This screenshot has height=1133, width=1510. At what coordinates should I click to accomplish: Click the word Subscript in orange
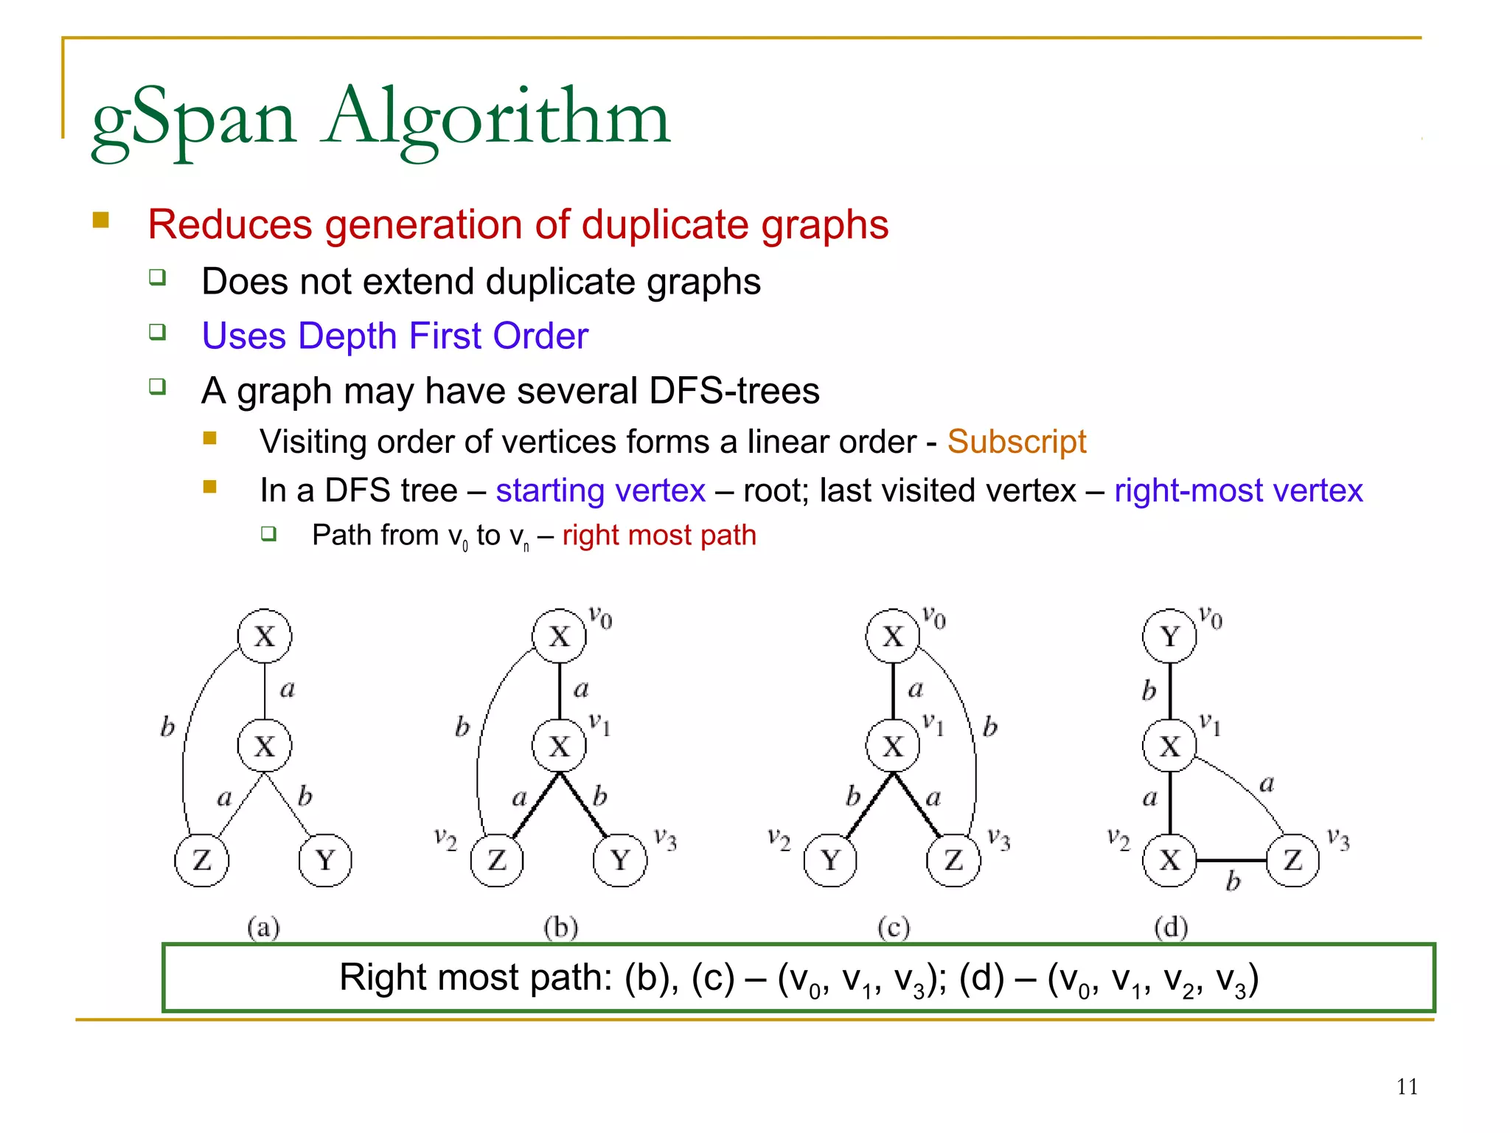pyautogui.click(x=1016, y=442)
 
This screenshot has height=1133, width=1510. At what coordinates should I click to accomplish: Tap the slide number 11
pyautogui.click(x=1407, y=1087)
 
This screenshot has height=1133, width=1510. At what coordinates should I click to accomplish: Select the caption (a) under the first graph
pyautogui.click(x=263, y=927)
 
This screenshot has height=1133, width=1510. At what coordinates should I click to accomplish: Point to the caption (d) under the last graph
pyautogui.click(x=1171, y=927)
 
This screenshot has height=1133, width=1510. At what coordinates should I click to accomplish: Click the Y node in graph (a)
pyautogui.click(x=325, y=860)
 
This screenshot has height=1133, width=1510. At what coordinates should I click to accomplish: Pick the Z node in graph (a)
pyautogui.click(x=202, y=860)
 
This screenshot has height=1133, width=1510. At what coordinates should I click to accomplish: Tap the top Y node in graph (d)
pyautogui.click(x=1169, y=637)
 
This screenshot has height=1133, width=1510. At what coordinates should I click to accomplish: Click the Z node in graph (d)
pyautogui.click(x=1292, y=860)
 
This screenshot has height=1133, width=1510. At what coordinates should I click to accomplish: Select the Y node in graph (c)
pyautogui.click(x=830, y=860)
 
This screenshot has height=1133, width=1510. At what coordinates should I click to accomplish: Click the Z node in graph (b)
pyautogui.click(x=497, y=860)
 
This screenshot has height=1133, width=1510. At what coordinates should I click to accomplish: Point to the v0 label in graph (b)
pyautogui.click(x=600, y=617)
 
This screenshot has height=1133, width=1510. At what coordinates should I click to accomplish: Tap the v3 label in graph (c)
pyautogui.click(x=998, y=839)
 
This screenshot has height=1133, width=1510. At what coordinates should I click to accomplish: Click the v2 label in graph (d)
pyautogui.click(x=1118, y=839)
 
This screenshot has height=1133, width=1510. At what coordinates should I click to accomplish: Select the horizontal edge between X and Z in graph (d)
pyautogui.click(x=1231, y=860)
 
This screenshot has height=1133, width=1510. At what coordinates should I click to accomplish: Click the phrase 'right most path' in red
pyautogui.click(x=659, y=535)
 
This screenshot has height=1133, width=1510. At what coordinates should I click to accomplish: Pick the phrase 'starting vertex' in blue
pyautogui.click(x=600, y=491)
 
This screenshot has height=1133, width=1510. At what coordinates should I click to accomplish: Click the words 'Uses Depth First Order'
pyautogui.click(x=395, y=336)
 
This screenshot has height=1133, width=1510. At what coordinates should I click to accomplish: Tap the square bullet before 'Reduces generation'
pyautogui.click(x=101, y=220)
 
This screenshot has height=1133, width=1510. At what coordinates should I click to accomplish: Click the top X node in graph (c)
pyautogui.click(x=893, y=637)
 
